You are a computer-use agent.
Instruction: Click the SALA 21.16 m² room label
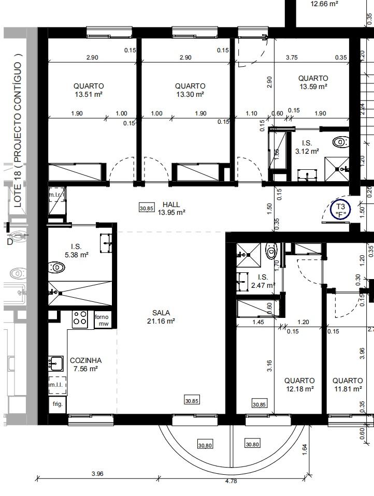[161, 317]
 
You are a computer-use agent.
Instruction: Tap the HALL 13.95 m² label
[171, 209]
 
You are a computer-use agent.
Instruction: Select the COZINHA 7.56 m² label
[85, 364]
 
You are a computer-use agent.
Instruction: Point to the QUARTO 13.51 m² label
[89, 90]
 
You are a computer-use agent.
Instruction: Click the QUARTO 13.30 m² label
[190, 90]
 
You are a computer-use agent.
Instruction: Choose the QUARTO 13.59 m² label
[313, 82]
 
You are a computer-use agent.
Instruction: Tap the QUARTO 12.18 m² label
[299, 385]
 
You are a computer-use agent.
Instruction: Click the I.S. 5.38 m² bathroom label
[76, 251]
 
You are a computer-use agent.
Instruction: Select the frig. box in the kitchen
[57, 404]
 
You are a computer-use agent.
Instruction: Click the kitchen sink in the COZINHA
[56, 364]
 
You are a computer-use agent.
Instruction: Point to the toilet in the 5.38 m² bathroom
[57, 268]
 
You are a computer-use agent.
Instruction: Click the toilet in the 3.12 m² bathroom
[341, 142]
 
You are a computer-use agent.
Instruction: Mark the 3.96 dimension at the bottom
[97, 474]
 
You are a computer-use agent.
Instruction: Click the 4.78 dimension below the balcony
[231, 482]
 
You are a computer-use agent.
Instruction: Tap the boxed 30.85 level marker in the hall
[147, 208]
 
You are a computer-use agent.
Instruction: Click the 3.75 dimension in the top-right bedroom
[292, 57]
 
